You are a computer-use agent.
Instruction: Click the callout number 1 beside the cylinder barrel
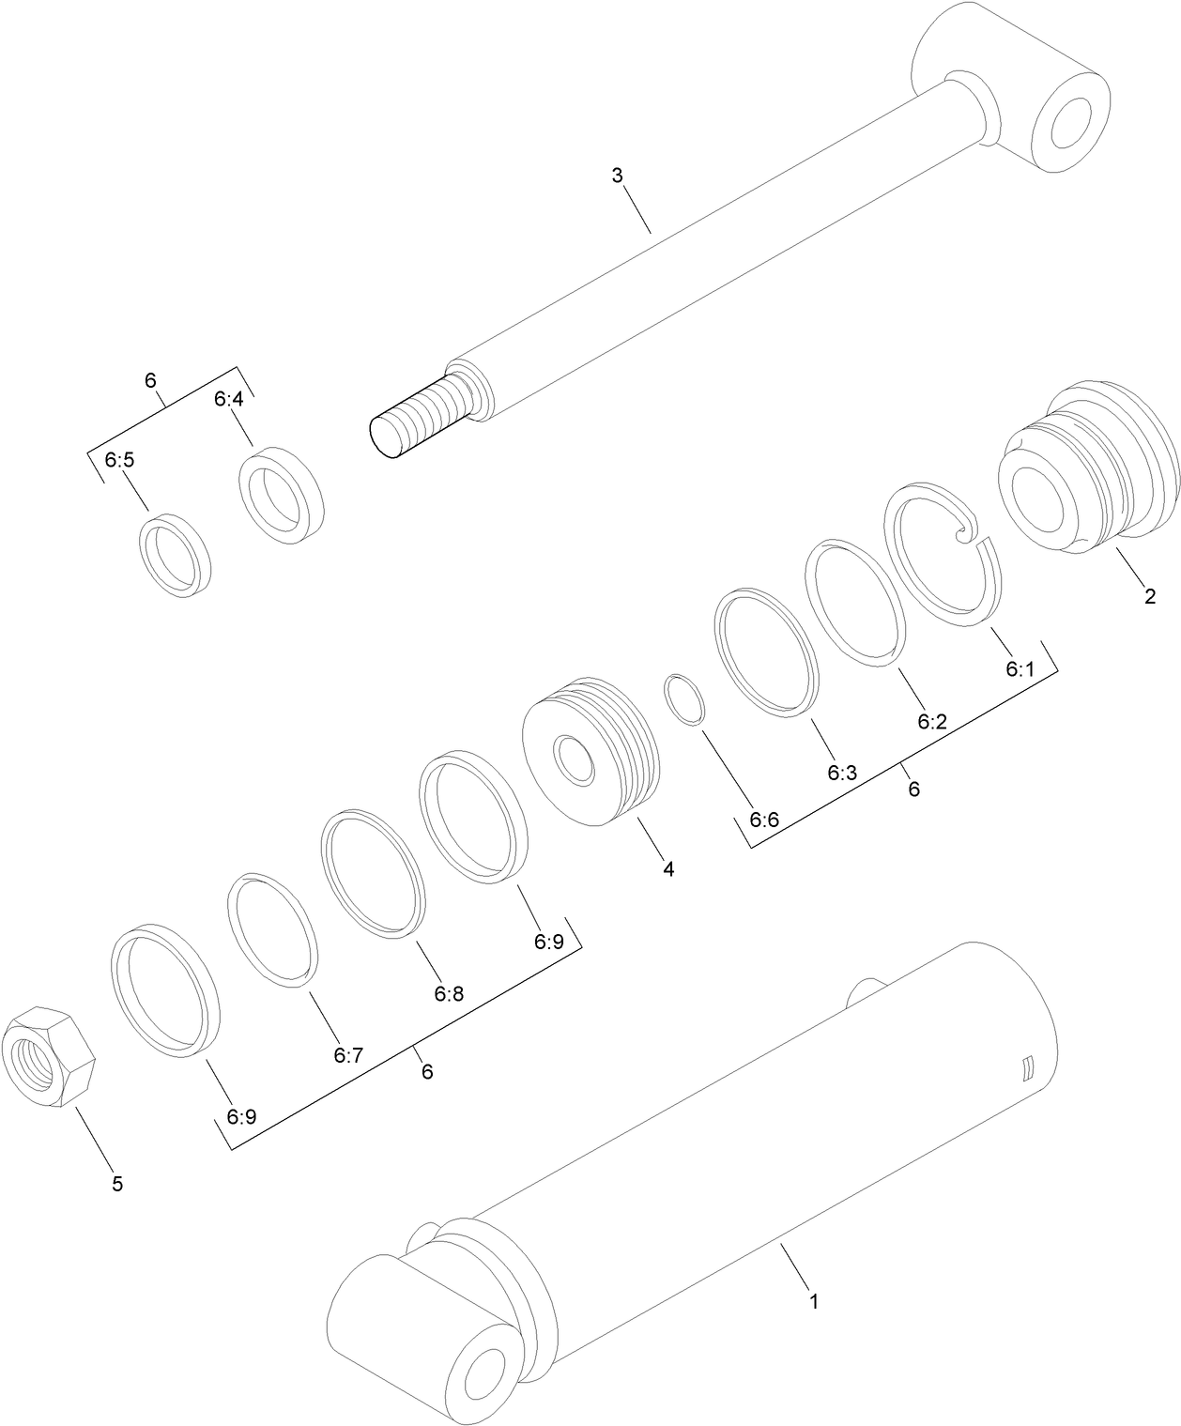tap(814, 1302)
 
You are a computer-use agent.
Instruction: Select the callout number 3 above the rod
tap(617, 176)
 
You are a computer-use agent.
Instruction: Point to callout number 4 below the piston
tap(667, 869)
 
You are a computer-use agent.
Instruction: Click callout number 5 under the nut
tap(117, 1184)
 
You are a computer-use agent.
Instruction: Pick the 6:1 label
tap(1019, 669)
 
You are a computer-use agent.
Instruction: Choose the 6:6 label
tap(764, 819)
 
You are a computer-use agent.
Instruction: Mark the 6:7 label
tap(347, 1055)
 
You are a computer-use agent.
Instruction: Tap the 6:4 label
tap(228, 399)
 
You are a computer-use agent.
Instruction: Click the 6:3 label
tap(842, 772)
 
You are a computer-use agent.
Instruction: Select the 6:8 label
tap(449, 993)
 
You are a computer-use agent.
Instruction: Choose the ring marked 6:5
tap(176, 554)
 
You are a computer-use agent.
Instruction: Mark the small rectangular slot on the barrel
tap(1028, 1068)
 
